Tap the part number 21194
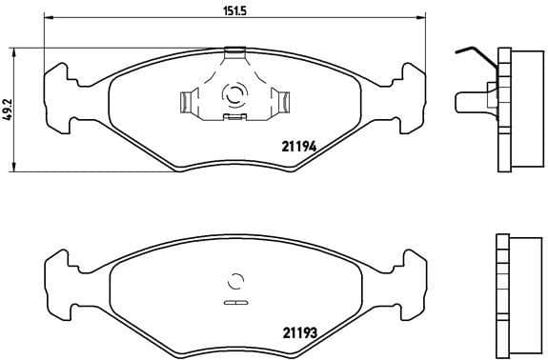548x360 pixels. (x=297, y=146)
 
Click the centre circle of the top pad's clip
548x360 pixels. (x=233, y=95)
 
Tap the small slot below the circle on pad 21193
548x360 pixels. (x=233, y=303)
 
